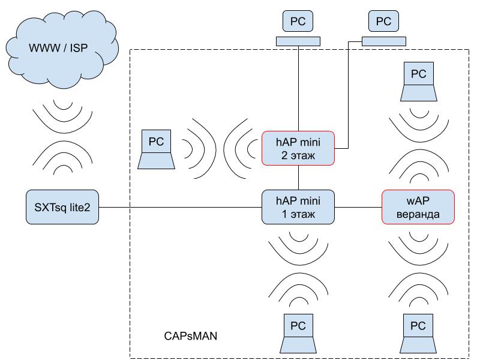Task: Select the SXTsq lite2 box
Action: (62, 207)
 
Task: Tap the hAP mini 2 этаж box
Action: (298, 148)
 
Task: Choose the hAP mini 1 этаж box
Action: (298, 207)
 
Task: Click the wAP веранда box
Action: (418, 207)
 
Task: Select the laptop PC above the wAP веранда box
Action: (418, 82)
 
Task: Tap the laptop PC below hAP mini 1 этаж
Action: (298, 334)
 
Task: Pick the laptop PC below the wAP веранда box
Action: (418, 334)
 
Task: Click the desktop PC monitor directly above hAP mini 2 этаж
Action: (298, 22)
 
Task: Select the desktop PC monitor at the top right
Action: (383, 22)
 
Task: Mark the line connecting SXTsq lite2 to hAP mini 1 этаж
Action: (180, 208)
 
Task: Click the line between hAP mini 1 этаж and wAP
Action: (358, 208)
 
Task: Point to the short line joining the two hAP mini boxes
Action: (298, 178)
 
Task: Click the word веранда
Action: (418, 214)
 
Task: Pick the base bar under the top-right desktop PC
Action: (383, 41)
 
